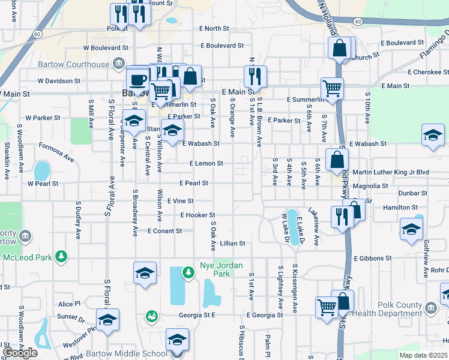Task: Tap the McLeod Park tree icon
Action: [61, 257]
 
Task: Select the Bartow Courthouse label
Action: [81, 64]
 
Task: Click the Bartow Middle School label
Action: [127, 353]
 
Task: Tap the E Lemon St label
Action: [206, 163]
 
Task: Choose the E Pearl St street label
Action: [193, 183]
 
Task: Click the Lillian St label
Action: [233, 244]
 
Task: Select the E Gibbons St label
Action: [373, 258]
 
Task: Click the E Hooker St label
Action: [197, 215]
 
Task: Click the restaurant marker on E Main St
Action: [256, 76]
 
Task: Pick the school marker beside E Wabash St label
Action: [172, 131]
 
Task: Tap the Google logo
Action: [20, 353]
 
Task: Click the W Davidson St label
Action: [59, 80]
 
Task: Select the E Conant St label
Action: [164, 231]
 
